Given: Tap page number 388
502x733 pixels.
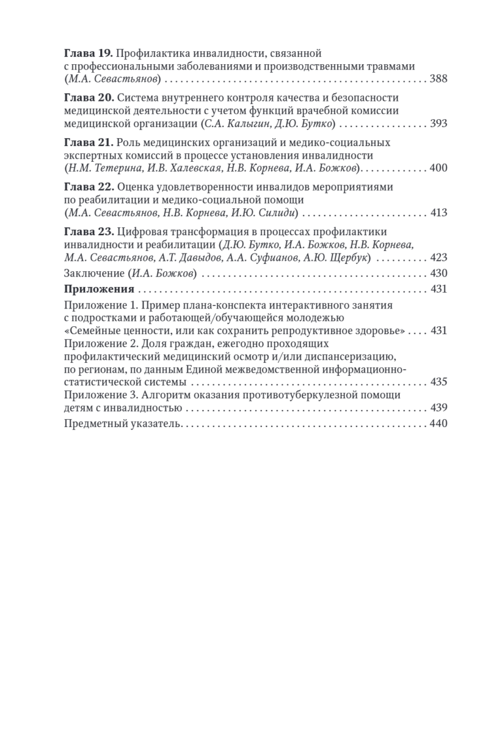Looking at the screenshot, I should (438, 79).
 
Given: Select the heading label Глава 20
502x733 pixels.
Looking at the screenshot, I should (88, 98).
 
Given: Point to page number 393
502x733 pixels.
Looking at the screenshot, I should (438, 123).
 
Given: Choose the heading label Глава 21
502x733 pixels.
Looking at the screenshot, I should (88, 143).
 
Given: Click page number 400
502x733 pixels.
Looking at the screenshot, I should (438, 168).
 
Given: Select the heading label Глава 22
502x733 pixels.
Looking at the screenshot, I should (88, 188).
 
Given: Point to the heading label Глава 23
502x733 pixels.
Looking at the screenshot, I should (88, 232).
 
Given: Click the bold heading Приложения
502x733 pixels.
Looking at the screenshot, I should (99, 290).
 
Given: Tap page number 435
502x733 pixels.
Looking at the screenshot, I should (438, 382).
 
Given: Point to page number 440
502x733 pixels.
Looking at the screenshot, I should (438, 424).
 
